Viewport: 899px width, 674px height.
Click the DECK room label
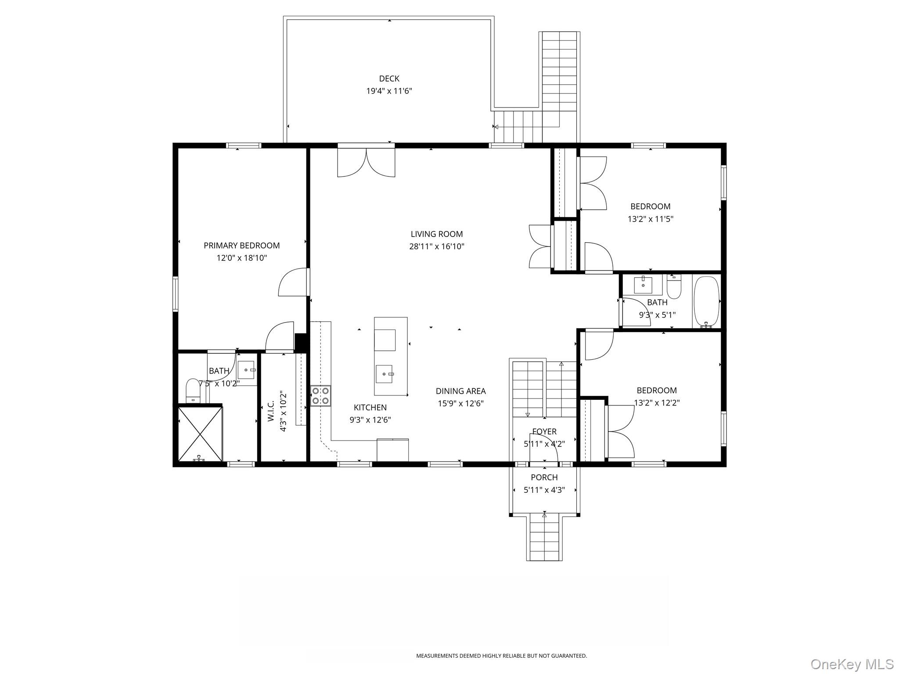pos(389,79)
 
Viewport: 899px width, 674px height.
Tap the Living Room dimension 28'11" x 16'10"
pos(437,247)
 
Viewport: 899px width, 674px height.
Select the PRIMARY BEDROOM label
pos(241,245)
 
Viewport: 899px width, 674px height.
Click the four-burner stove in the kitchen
pos(321,396)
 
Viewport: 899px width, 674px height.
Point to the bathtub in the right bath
pos(706,301)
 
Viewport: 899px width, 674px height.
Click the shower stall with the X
pos(200,434)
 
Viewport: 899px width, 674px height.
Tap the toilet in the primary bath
pos(193,391)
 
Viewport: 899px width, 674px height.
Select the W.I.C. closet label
pos(271,411)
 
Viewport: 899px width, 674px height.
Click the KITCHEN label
pos(370,408)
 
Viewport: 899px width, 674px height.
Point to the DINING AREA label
pos(460,391)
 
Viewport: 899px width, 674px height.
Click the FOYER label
pos(544,432)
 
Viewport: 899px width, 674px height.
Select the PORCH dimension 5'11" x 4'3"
pos(544,490)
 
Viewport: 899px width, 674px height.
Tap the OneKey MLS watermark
pos(852,664)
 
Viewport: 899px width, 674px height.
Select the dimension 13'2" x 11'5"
pos(651,219)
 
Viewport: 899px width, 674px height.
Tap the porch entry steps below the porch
pos(545,538)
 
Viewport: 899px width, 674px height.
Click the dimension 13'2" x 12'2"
pos(657,403)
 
